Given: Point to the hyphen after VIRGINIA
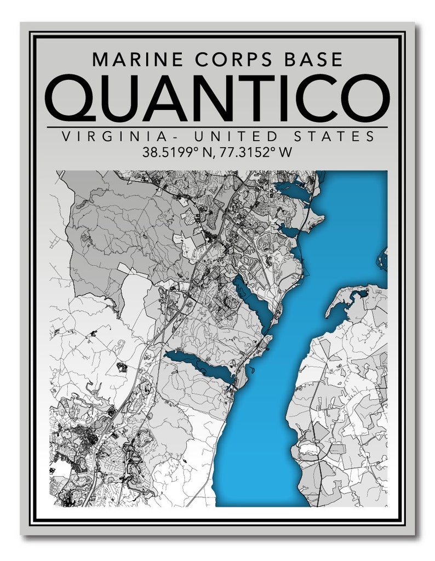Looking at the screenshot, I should pyautogui.click(x=154, y=137).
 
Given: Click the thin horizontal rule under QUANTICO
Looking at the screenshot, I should pyautogui.click(x=217, y=128).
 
